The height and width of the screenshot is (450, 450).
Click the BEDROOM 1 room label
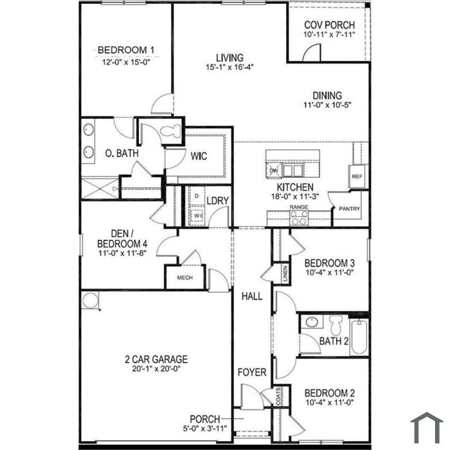click(x=126, y=50)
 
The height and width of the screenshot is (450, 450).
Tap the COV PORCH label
click(x=329, y=25)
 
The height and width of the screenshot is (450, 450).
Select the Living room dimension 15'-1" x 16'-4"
click(x=230, y=67)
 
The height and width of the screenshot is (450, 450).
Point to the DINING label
click(x=327, y=96)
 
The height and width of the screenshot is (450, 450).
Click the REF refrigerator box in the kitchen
click(x=357, y=177)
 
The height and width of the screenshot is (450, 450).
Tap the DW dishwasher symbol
click(x=274, y=171)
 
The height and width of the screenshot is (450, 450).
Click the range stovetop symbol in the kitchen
click(x=299, y=217)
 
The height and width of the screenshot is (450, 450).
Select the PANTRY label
click(x=349, y=209)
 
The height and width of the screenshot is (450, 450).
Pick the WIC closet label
click(x=199, y=156)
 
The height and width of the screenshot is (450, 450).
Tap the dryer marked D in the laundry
click(x=197, y=195)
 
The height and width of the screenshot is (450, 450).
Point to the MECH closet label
click(x=185, y=278)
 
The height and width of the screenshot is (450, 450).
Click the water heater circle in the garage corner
click(x=90, y=300)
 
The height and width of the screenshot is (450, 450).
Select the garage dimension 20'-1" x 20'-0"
click(x=156, y=368)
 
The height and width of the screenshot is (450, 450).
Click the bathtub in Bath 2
click(x=359, y=337)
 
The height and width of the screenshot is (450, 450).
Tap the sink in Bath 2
click(x=311, y=321)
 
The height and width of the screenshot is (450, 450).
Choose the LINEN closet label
click(x=285, y=273)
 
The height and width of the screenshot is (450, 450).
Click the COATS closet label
click(x=278, y=397)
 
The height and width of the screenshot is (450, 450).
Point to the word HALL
click(x=252, y=296)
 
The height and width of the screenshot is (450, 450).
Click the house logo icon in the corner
click(x=427, y=428)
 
